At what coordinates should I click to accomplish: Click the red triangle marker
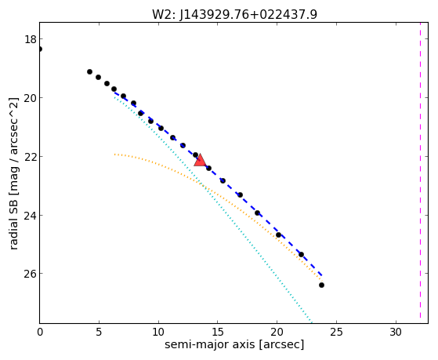200,160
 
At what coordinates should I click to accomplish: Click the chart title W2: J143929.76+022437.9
234,14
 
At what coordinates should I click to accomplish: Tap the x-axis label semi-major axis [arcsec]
234,344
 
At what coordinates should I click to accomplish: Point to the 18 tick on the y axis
31,39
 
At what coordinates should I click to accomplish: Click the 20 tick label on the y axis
31,98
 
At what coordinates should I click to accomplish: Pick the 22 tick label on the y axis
31,157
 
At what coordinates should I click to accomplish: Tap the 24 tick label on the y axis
31,216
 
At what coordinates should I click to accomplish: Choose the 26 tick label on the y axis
31,274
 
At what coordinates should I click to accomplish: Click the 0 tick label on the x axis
40,333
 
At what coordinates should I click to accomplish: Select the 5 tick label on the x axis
99,333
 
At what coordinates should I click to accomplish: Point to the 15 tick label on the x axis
218,333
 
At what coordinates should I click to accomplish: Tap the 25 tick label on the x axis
336,333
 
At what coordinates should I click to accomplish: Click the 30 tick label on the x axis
396,333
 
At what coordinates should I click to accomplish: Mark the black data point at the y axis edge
40,49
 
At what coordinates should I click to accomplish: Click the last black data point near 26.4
321,285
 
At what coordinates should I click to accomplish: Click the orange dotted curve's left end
114,155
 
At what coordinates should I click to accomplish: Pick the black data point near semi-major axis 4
89,72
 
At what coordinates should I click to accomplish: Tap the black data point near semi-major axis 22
301,255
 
